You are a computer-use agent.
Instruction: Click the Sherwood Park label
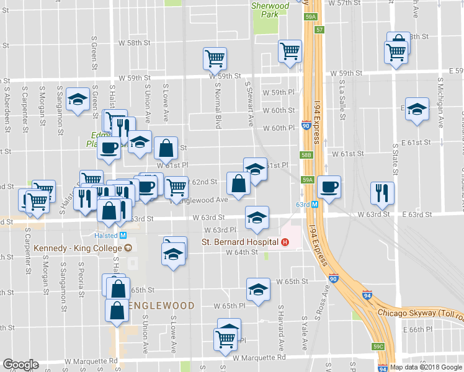click(270, 9)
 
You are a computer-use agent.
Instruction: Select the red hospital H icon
click(285, 242)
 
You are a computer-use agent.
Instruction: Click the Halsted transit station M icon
click(123, 236)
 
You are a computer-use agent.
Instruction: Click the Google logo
click(20, 365)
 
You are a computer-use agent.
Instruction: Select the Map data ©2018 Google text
click(425, 367)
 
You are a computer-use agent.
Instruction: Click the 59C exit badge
click(378, 348)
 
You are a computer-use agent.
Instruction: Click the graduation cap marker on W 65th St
click(258, 289)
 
